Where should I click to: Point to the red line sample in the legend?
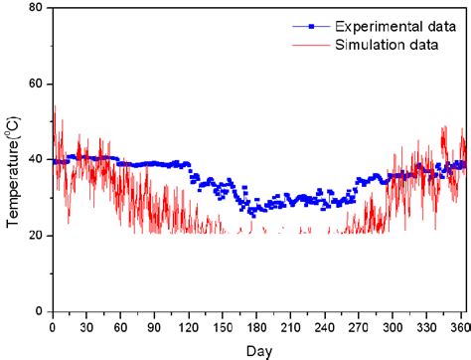(x=312, y=44)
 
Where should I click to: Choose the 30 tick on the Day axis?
(x=86, y=326)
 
